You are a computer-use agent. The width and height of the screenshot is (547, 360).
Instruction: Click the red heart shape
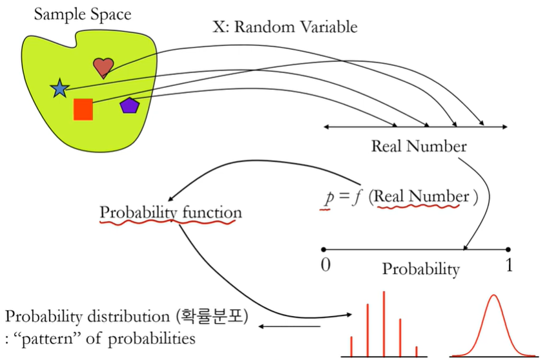[103, 67]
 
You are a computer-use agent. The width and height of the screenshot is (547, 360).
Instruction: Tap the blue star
[59, 89]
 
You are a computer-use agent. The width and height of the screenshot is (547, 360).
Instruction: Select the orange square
[83, 109]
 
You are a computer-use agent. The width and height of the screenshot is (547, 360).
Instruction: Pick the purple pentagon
[129, 105]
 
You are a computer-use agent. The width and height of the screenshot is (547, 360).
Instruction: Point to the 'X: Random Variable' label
[285, 27]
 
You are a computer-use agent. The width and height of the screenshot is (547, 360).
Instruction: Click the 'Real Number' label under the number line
[418, 146]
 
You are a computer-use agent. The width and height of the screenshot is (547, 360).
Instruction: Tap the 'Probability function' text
[170, 212]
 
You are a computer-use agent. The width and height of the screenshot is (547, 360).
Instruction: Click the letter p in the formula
[328, 197]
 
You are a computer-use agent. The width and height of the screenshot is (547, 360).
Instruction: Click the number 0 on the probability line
[325, 265]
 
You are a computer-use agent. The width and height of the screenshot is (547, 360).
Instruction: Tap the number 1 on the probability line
[508, 265]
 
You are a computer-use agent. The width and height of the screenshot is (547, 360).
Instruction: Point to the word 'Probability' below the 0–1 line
[421, 269]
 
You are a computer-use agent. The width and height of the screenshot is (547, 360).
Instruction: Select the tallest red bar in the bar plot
[384, 323]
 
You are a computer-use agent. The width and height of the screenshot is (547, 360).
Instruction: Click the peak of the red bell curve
[493, 296]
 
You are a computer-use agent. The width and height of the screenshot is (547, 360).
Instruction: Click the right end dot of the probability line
[508, 249]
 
